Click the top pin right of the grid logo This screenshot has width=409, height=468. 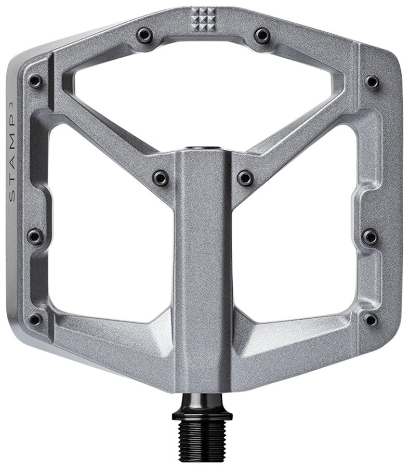(261, 35)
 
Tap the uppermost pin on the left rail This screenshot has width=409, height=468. (35, 81)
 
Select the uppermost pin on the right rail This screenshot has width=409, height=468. (372, 82)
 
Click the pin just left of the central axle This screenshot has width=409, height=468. (161, 178)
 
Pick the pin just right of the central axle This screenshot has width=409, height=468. (245, 178)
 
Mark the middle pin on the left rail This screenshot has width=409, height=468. (35, 237)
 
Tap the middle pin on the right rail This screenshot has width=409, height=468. (370, 237)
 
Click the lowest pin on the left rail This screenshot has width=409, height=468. (35, 319)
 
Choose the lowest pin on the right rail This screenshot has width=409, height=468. (371, 319)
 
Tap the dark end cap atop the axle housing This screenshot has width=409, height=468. (203, 150)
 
